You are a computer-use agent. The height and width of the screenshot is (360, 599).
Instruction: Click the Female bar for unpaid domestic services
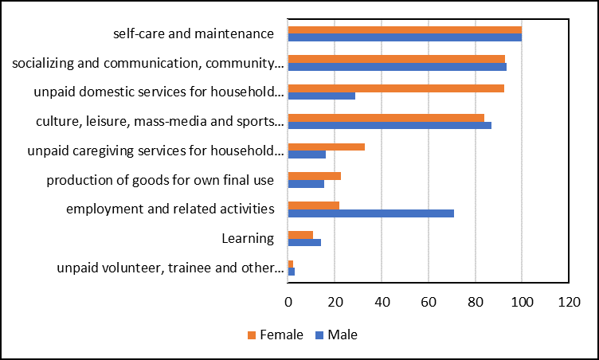396,88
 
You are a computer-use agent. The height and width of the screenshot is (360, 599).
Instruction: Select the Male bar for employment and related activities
370,213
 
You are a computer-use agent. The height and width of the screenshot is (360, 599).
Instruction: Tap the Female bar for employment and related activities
313,205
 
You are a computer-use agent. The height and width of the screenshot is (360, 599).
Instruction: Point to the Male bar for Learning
304,242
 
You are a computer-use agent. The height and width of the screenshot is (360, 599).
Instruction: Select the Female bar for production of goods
314,176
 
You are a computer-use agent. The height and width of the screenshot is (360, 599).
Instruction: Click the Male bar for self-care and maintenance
405,37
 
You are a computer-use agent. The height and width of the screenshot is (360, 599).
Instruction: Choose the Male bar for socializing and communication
397,66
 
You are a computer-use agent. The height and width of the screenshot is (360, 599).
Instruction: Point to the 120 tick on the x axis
569,303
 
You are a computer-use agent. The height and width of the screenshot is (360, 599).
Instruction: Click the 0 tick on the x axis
288,303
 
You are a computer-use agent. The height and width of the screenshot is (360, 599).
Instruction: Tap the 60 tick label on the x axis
429,303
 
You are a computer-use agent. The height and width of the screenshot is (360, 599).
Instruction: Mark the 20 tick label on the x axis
335,303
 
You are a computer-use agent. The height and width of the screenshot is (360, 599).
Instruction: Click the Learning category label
248,238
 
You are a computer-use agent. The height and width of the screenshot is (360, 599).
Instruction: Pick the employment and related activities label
170,209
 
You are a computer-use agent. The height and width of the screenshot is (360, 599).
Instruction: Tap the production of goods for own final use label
160,180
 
